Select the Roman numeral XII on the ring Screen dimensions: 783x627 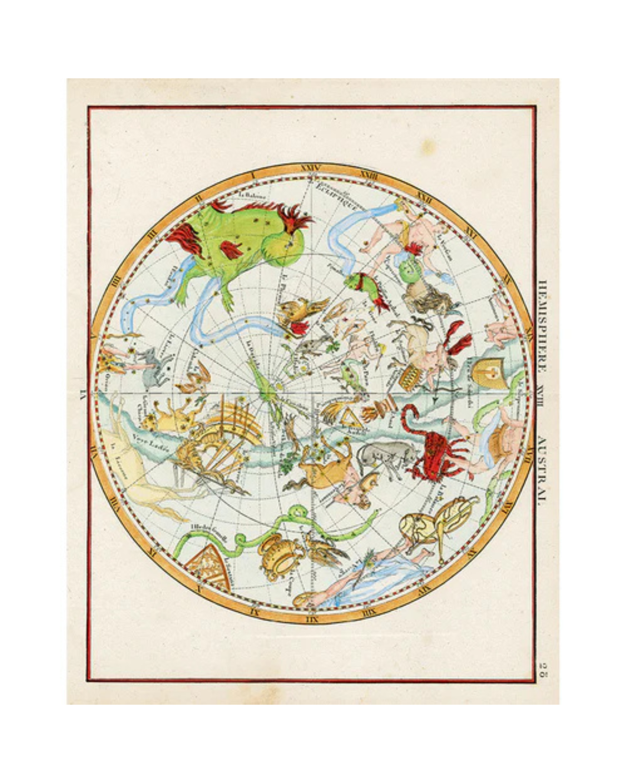tap(312, 620)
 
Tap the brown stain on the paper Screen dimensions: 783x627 tap(427, 145)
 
